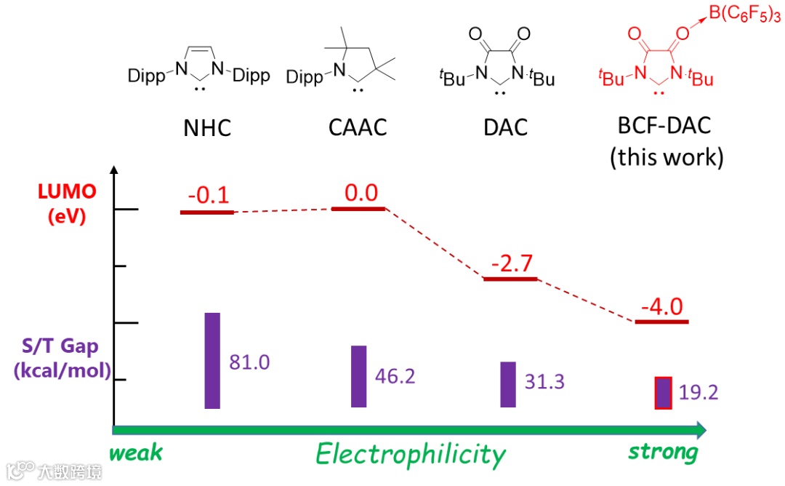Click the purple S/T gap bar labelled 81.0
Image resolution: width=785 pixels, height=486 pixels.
pyautogui.click(x=212, y=360)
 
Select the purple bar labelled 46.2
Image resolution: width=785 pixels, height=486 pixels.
pyautogui.click(x=359, y=376)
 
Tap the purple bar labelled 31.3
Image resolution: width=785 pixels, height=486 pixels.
pyautogui.click(x=508, y=384)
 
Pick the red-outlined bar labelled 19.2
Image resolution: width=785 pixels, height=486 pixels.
pyautogui.click(x=663, y=393)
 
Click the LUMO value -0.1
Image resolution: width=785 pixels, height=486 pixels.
pyautogui.click(x=208, y=196)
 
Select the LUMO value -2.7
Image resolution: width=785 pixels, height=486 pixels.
pyautogui.click(x=510, y=263)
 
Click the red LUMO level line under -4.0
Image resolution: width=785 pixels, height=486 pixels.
pyautogui.click(x=661, y=321)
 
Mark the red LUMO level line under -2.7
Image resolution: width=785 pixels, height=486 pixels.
pyautogui.click(x=510, y=279)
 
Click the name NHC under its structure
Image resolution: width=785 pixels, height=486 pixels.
pyautogui.click(x=207, y=128)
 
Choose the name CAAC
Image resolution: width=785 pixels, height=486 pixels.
pyautogui.click(x=357, y=128)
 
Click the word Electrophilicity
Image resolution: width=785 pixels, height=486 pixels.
pyautogui.click(x=411, y=455)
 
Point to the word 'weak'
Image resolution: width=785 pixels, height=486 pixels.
pyautogui.click(x=136, y=453)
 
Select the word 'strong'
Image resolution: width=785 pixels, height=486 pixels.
pyautogui.click(x=663, y=453)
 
